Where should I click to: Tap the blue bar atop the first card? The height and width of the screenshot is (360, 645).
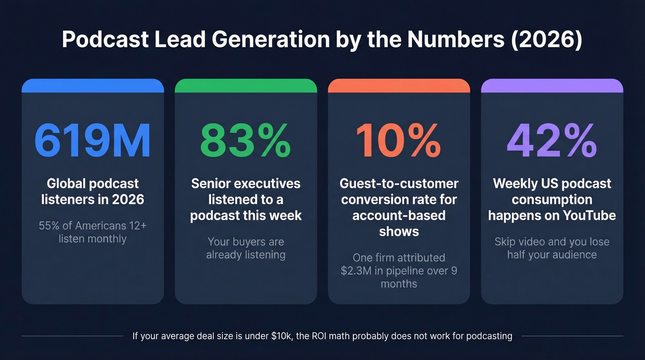coord(93,86)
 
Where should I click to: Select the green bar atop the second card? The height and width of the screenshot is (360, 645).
coord(246,86)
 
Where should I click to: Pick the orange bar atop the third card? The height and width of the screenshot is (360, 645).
coord(399,86)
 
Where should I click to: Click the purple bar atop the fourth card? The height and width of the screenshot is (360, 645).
coord(552,86)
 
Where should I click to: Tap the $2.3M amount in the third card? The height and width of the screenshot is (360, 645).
coord(356,271)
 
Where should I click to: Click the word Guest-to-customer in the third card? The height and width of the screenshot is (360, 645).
coord(399,183)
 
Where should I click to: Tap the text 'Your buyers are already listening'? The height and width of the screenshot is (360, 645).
coord(246,248)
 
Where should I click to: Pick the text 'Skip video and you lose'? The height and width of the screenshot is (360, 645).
coord(552,242)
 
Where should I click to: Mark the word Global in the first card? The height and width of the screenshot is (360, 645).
coord(66,183)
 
